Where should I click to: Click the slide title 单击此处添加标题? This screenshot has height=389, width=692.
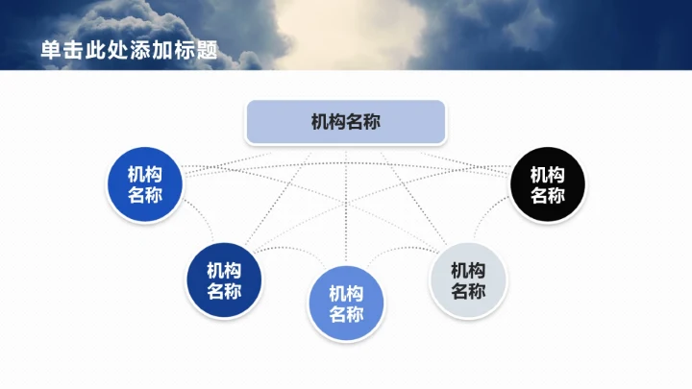pos(129,50)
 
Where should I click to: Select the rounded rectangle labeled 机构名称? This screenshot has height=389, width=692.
pos(346,122)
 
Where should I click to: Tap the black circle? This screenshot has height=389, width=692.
pos(548,185)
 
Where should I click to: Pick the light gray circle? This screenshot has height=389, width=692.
pos(468,280)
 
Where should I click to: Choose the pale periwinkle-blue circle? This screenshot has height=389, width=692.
pos(346,304)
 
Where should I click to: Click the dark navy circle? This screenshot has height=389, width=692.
pos(224,280)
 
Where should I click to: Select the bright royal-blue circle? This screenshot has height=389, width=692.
pos(144,185)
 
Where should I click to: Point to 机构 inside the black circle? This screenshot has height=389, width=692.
pos(548,175)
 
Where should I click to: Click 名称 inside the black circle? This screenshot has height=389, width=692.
pos(548,196)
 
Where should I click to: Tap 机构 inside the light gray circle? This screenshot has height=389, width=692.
pos(468,270)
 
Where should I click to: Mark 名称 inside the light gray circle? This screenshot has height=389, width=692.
pos(468,292)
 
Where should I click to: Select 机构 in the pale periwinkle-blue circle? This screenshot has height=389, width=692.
pos(346,293)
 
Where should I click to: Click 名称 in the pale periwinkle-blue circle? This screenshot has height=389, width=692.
pos(346,315)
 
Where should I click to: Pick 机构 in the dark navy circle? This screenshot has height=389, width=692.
pos(224,270)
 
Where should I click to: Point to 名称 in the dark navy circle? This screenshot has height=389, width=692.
pos(224,292)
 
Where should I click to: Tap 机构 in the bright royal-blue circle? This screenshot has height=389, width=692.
pos(144,175)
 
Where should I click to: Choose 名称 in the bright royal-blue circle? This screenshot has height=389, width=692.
pos(144,196)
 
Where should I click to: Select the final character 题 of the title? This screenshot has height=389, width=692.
pos(207,50)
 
